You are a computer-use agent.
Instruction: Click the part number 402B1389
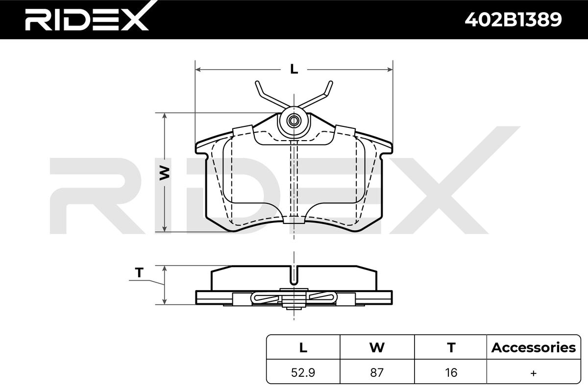pos(513,20)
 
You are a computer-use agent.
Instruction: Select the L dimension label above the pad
pos(294,69)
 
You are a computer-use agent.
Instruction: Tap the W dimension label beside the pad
pos(165,173)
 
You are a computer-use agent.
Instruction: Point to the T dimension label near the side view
pos(139,272)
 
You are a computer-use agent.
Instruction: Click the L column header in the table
pos(303,347)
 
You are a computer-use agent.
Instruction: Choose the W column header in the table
pos(377,347)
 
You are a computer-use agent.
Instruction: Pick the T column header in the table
pos(451,347)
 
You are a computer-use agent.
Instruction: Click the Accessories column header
pos(534,347)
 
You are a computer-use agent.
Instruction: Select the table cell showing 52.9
pos(303,372)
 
